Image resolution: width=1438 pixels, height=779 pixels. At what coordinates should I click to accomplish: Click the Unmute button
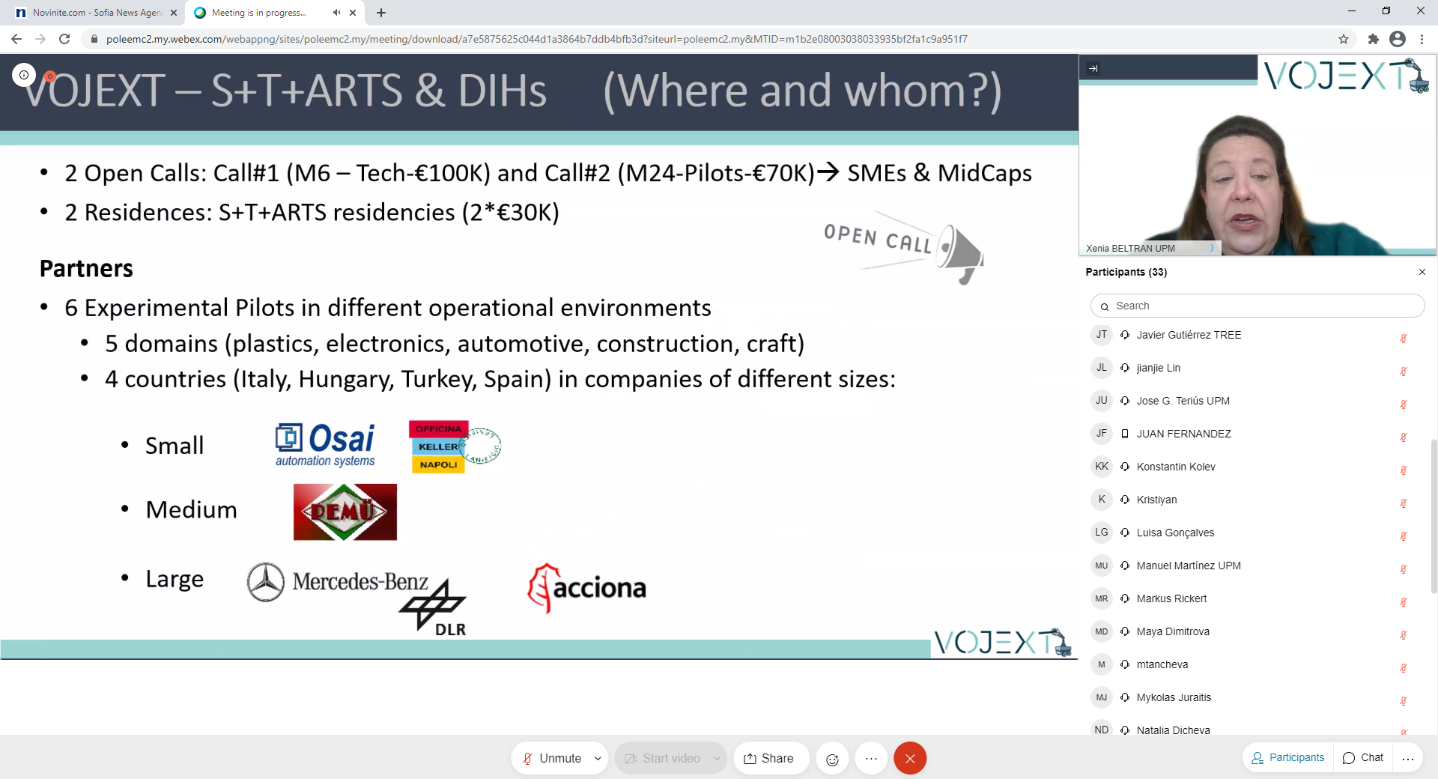point(552,758)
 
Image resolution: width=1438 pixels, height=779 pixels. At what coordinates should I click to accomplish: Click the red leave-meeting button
point(910,758)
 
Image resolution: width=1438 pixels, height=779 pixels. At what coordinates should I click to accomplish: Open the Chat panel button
point(1363,758)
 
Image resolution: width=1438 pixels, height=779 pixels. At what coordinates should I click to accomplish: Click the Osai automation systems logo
point(325,445)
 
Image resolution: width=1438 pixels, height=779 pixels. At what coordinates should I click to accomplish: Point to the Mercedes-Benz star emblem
point(266,582)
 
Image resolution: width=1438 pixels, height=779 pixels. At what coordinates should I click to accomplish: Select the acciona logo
point(587,588)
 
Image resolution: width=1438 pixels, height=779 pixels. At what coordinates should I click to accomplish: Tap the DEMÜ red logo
point(345,512)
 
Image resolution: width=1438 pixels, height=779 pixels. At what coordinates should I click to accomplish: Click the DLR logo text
point(451,630)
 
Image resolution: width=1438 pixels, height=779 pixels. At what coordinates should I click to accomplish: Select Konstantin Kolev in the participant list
point(1176,467)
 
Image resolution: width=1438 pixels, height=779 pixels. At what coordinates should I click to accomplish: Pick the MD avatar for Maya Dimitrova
point(1102,631)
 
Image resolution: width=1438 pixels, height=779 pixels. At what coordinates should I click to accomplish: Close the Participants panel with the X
point(1422,272)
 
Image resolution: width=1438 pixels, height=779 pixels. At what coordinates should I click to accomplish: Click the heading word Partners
point(86,268)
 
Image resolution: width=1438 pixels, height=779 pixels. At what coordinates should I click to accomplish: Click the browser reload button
point(64,39)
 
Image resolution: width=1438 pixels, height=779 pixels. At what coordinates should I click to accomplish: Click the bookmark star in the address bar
point(1344,39)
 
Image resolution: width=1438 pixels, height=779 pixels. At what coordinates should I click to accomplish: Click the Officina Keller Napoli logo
point(454,446)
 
